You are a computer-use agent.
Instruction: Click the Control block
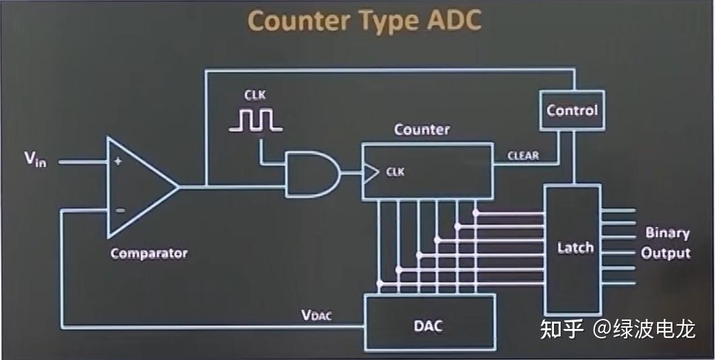point(572,110)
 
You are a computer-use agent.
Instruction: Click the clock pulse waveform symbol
point(255,119)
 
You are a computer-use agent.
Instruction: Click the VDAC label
point(317,315)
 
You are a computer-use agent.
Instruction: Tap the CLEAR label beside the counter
point(523,156)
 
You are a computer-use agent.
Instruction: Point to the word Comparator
point(149,253)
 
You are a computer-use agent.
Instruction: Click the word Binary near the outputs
point(667,233)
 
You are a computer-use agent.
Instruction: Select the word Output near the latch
point(666,253)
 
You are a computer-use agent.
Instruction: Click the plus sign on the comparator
point(119,161)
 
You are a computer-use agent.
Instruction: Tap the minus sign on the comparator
point(119,210)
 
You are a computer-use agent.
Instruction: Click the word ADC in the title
point(454,21)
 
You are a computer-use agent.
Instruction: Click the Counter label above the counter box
point(422,129)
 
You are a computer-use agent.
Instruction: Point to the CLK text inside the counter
point(395,171)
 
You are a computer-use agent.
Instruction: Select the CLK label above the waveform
point(255,96)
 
